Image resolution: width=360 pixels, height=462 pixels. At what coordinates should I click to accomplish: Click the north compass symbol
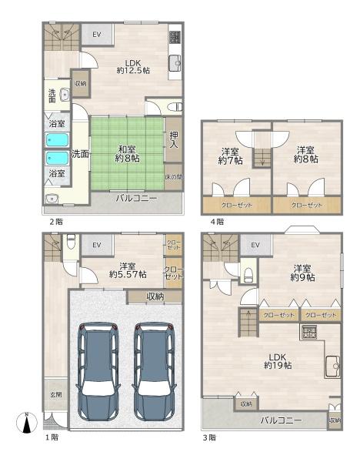tap(26, 423)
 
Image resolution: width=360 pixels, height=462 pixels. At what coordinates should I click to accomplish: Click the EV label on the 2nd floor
tap(97, 35)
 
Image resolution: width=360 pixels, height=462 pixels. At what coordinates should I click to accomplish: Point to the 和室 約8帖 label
tap(127, 154)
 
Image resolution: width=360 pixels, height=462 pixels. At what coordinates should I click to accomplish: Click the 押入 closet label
tap(174, 139)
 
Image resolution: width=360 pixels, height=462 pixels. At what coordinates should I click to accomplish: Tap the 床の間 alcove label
tap(174, 177)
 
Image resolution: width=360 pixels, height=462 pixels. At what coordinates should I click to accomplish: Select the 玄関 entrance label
tap(55, 394)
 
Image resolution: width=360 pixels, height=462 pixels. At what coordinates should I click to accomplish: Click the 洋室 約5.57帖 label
tap(128, 270)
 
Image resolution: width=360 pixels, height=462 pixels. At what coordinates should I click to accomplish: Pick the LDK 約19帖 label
tap(278, 361)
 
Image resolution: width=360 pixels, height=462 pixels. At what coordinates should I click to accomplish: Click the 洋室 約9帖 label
tap(302, 273)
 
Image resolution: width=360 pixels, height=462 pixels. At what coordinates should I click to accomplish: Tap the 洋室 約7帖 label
tap(230, 156)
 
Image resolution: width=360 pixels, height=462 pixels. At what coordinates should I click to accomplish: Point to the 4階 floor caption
tap(217, 222)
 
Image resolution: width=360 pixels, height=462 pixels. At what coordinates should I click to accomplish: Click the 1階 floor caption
tap(52, 437)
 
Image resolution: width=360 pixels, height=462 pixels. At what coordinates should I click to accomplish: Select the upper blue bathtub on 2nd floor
tap(57, 140)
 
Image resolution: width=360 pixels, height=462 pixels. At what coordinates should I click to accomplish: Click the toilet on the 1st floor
tap(71, 241)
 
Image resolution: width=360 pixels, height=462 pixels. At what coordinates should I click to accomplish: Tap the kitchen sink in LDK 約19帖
tap(332, 367)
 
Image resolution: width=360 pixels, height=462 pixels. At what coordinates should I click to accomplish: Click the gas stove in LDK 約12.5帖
tap(175, 37)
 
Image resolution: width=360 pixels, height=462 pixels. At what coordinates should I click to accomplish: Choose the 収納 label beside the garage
tap(155, 296)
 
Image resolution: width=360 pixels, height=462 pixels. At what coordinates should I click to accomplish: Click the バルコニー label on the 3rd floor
tap(281, 420)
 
